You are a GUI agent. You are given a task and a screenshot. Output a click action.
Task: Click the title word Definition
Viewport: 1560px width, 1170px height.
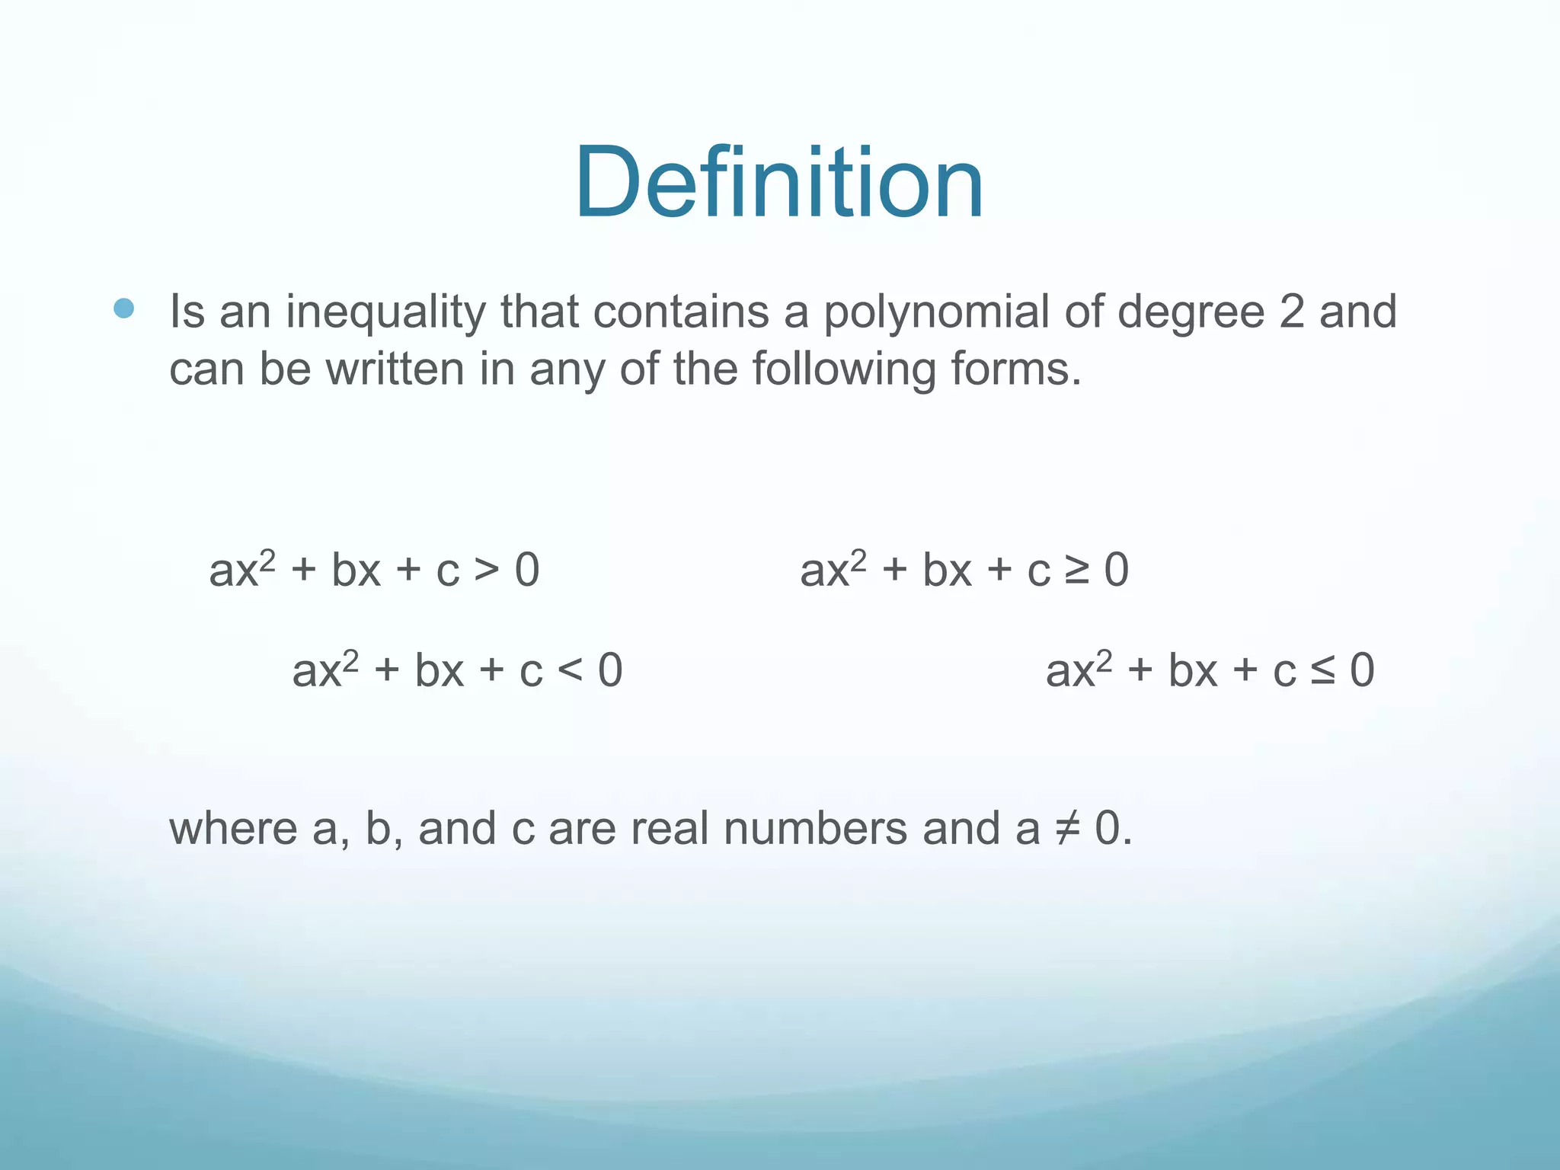(x=778, y=184)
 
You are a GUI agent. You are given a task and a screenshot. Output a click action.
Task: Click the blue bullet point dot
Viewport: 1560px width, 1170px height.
(x=123, y=308)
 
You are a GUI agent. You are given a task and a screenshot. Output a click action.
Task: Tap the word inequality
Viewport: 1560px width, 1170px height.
(x=385, y=312)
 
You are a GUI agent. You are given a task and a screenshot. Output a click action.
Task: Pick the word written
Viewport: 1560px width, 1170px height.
(x=395, y=369)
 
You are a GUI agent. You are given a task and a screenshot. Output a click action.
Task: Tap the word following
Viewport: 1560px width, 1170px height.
(x=844, y=370)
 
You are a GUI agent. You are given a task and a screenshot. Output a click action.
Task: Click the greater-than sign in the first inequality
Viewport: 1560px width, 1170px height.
(x=487, y=570)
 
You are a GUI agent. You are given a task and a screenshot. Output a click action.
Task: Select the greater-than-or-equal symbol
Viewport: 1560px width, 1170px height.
(x=1077, y=570)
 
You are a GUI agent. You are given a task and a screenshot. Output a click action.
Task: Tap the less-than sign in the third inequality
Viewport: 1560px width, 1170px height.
(x=570, y=670)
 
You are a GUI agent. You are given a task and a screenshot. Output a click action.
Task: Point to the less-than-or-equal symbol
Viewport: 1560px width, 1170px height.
(x=1323, y=670)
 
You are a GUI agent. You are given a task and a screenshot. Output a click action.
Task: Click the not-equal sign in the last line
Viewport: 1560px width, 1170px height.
(x=1067, y=829)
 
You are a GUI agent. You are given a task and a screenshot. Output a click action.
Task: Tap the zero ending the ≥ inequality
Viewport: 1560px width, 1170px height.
(x=1117, y=570)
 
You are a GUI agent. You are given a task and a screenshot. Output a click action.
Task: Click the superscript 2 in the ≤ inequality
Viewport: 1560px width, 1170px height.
(x=1104, y=660)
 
